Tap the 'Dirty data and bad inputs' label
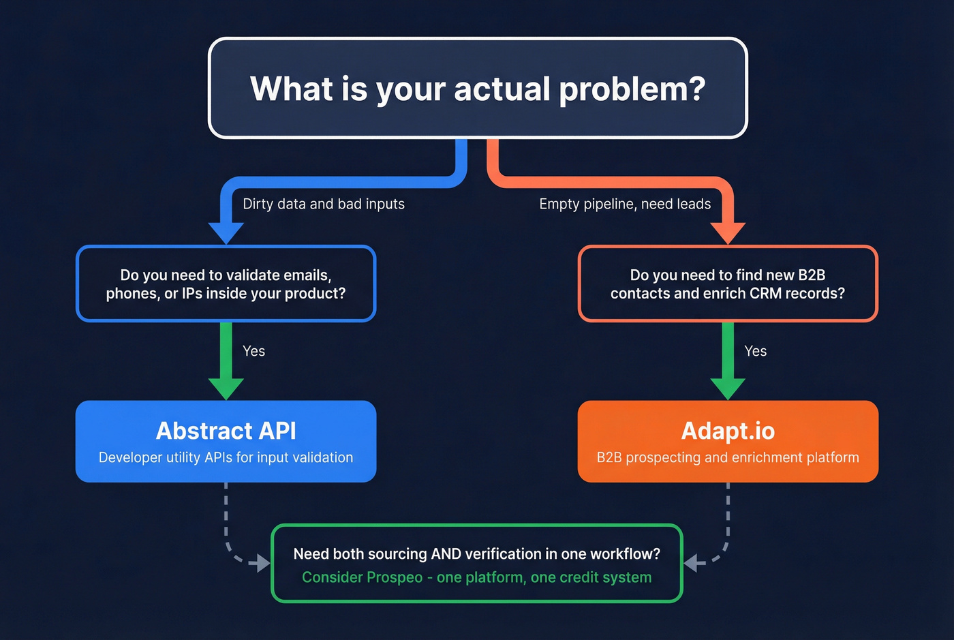323,204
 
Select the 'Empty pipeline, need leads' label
624,204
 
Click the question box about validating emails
226,284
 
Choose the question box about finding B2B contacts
728,284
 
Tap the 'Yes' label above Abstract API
253,351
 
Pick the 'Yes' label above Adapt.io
755,351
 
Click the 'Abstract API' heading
226,431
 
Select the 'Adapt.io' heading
728,431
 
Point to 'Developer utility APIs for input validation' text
226,457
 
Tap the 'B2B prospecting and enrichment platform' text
728,457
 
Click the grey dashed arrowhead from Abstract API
260,563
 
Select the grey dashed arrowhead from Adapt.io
694,563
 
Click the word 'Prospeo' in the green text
395,577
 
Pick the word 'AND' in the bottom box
446,554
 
